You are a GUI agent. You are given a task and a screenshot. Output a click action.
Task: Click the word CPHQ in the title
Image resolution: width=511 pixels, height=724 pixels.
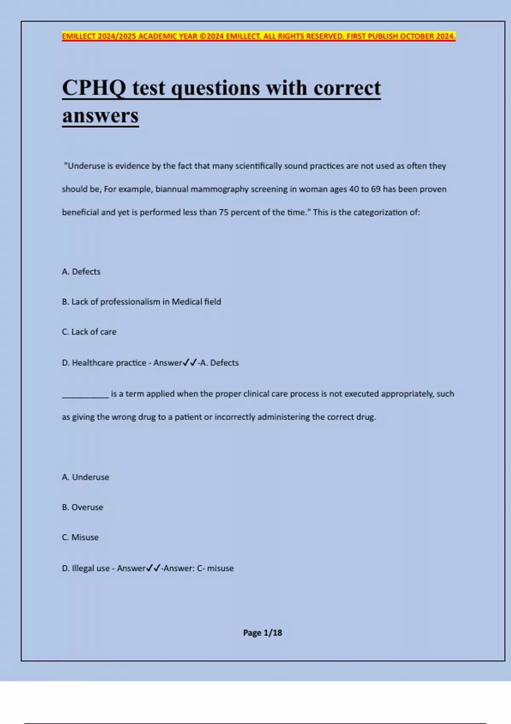tap(94, 88)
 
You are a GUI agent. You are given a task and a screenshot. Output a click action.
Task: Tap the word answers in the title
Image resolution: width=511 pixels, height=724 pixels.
tap(100, 115)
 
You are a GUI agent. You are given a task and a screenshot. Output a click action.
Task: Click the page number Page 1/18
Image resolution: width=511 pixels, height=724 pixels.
tap(262, 633)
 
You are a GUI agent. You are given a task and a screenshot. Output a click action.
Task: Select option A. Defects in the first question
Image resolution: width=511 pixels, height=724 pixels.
tap(81, 272)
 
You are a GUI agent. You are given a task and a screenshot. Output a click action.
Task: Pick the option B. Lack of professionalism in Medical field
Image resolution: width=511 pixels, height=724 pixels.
tap(141, 302)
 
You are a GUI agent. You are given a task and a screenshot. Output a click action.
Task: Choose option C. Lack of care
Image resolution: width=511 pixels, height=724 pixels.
tap(89, 332)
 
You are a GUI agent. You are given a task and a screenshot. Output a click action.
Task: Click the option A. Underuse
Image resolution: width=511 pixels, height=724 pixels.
tap(86, 477)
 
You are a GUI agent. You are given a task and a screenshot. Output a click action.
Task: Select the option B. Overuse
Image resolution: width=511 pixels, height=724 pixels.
tap(83, 507)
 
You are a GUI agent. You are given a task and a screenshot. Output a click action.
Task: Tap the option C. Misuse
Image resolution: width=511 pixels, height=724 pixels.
tap(80, 537)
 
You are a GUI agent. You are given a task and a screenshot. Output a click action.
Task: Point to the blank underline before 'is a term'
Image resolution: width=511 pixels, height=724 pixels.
tap(85, 396)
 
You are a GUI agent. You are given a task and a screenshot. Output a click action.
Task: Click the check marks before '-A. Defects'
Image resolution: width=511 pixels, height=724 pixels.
tap(189, 363)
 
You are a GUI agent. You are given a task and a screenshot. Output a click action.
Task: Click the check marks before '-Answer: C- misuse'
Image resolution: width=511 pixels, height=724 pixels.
tap(153, 568)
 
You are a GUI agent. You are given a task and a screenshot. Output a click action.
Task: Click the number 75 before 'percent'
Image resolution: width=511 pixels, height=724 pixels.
tap(224, 212)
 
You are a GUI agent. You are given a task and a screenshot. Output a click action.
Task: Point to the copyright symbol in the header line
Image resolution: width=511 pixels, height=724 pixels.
tap(202, 36)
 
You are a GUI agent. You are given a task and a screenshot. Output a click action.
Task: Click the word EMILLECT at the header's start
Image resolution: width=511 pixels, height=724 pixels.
tap(79, 36)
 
